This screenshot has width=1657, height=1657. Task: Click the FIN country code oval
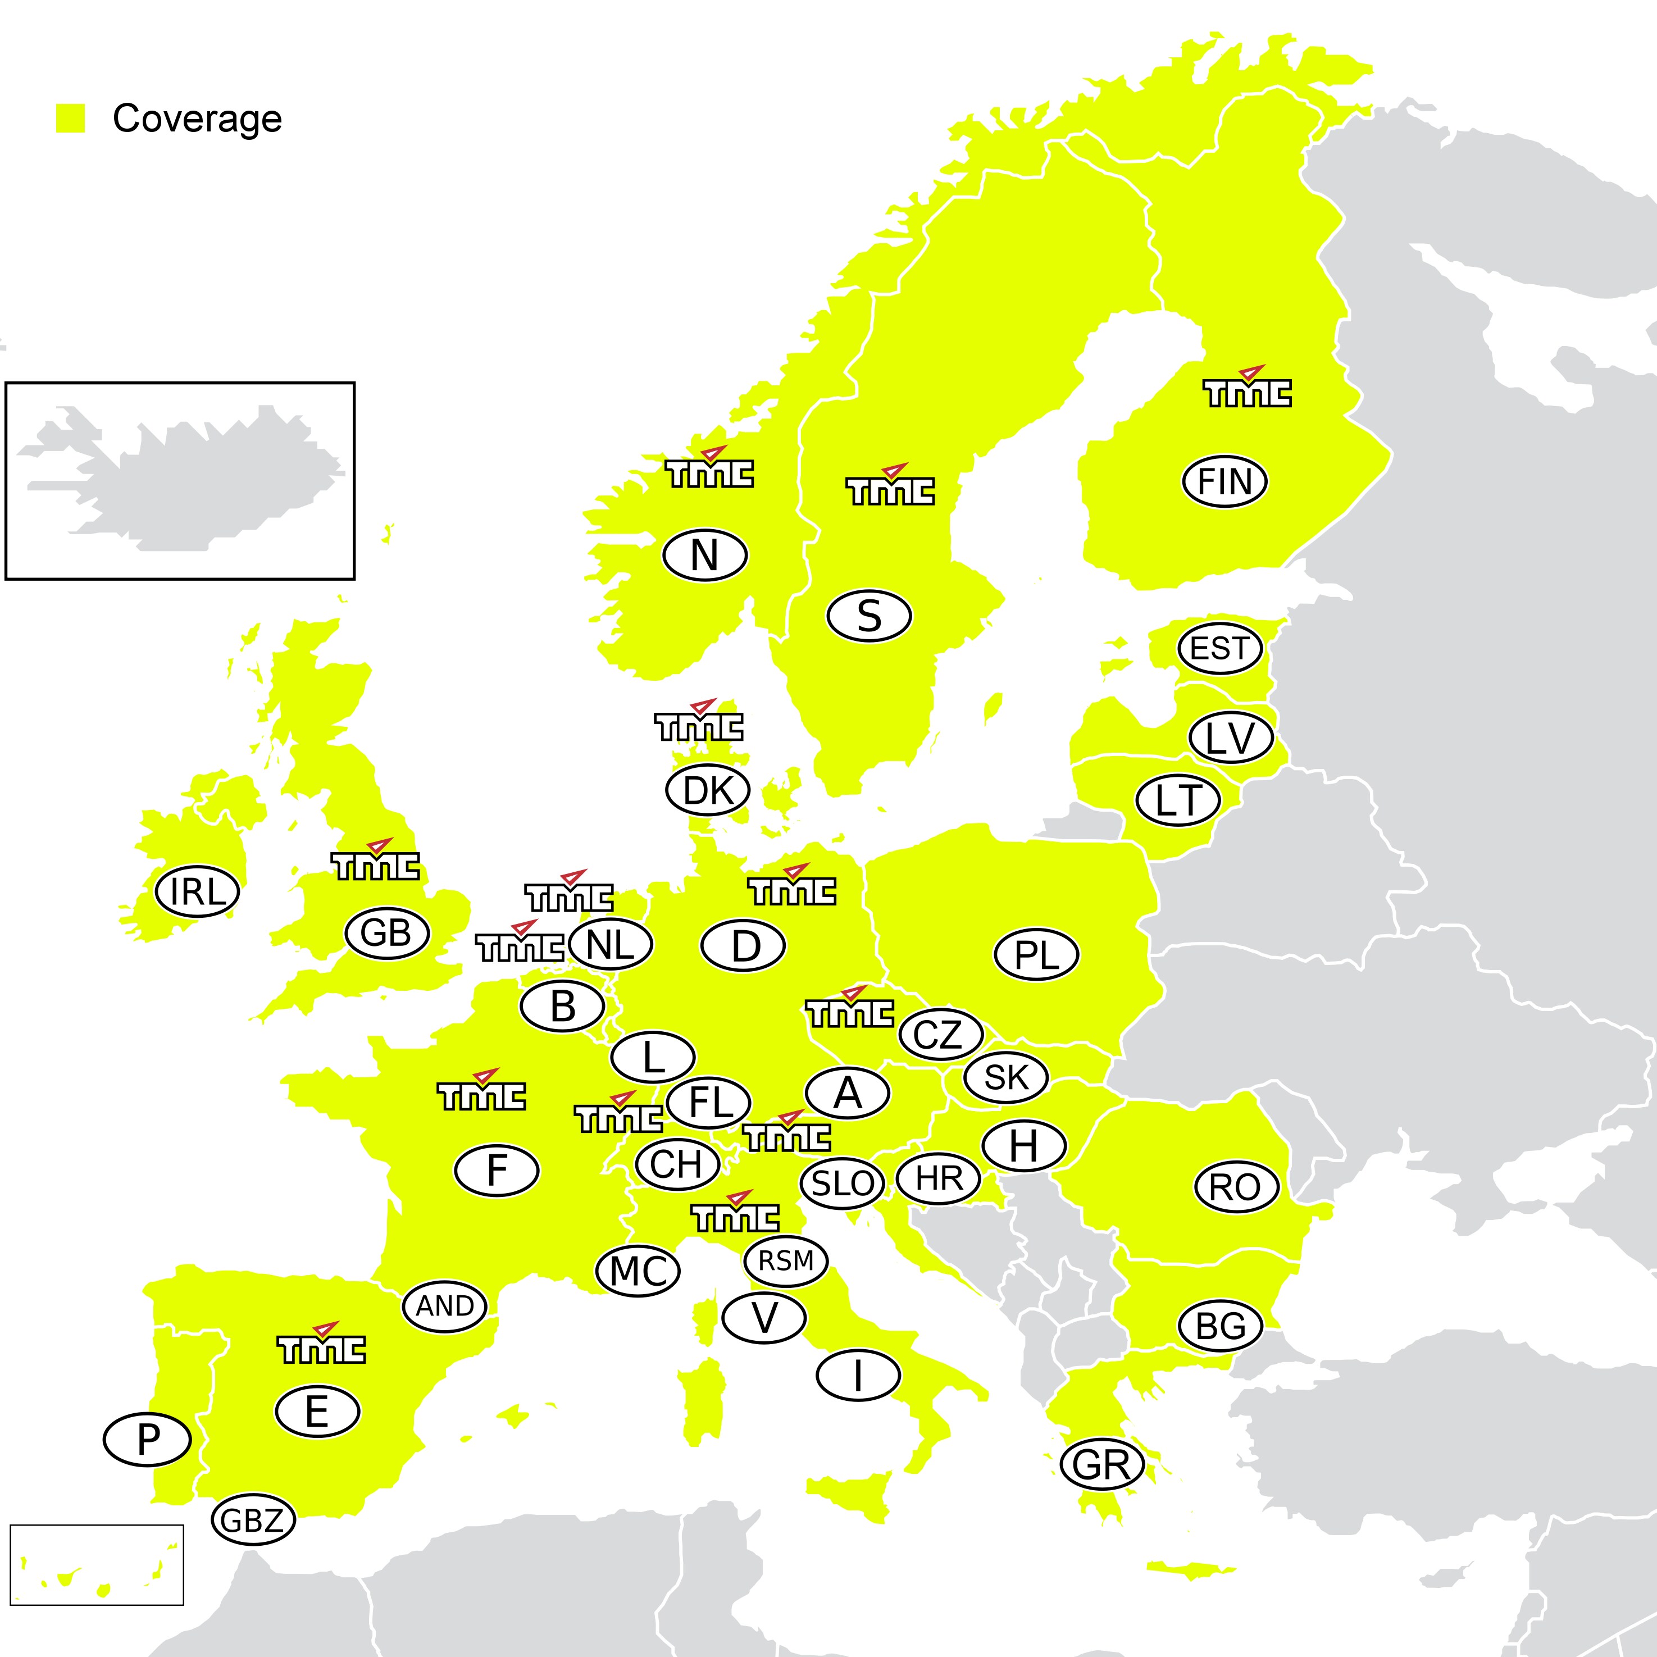pyautogui.click(x=1224, y=481)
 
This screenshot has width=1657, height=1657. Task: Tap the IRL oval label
pyautogui.click(x=197, y=891)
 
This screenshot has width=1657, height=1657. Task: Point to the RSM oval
pyautogui.click(x=786, y=1261)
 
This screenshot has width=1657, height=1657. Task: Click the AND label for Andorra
pyautogui.click(x=444, y=1305)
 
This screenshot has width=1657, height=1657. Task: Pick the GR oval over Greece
pyautogui.click(x=1102, y=1464)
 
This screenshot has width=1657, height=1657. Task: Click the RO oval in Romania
pyautogui.click(x=1236, y=1187)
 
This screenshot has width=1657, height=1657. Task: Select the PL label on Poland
pyautogui.click(x=1036, y=954)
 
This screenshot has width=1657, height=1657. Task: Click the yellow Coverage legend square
pyautogui.click(x=70, y=119)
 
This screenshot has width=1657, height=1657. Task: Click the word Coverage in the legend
pyautogui.click(x=197, y=119)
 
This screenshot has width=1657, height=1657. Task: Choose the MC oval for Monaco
pyautogui.click(x=638, y=1270)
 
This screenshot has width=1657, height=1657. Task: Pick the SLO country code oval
pyautogui.click(x=842, y=1183)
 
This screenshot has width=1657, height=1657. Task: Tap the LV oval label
pyautogui.click(x=1231, y=737)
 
